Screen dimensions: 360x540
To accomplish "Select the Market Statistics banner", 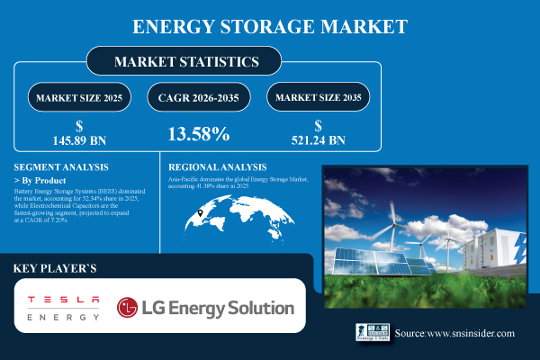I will [185, 62].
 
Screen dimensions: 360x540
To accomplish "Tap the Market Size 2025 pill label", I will [79, 96].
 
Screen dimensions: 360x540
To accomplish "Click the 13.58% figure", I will [199, 134].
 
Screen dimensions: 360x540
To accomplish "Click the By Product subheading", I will [45, 181].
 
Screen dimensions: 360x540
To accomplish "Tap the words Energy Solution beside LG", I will [243, 308].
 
